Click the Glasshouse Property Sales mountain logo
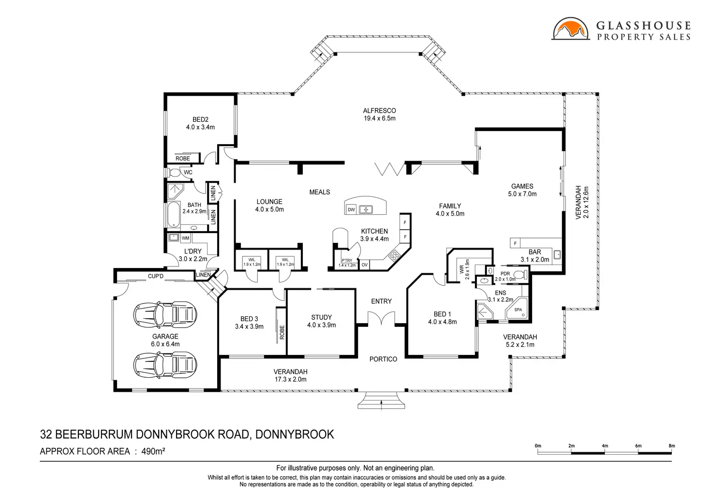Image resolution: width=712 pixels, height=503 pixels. (x=571, y=29)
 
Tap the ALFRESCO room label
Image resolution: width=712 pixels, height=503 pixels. (x=380, y=111)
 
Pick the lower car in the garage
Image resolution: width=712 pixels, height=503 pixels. (x=165, y=365)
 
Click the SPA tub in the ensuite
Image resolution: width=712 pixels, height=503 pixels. (x=517, y=309)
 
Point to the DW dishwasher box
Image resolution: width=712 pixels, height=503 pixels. (x=351, y=210)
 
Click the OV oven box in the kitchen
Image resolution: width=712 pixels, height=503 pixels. (x=364, y=265)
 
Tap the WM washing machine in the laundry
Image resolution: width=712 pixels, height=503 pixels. (x=185, y=238)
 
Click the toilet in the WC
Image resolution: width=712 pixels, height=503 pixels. (x=174, y=173)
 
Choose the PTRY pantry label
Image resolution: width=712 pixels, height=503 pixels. (x=347, y=261)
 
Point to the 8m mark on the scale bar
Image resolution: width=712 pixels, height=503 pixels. (x=672, y=446)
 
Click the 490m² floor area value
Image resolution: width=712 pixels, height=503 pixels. (x=153, y=451)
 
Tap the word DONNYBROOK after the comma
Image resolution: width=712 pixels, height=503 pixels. (x=295, y=434)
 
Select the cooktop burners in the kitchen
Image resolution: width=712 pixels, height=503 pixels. (x=394, y=255)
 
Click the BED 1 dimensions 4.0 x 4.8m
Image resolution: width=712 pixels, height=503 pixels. (x=443, y=322)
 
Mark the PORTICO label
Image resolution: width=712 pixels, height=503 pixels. (x=384, y=359)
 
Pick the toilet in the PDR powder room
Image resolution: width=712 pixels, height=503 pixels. (x=519, y=274)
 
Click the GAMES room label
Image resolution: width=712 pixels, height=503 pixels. (x=522, y=186)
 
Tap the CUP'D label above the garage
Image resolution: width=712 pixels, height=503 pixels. (x=156, y=276)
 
